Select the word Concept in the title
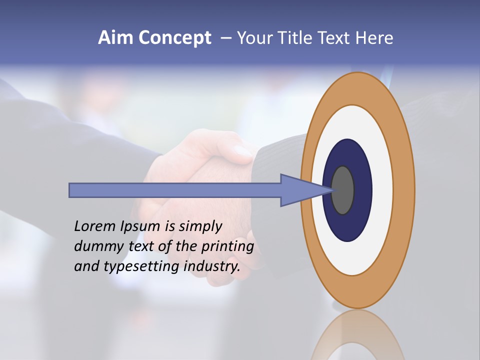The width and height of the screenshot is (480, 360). point(175,38)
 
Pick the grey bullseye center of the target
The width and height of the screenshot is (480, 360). point(343,190)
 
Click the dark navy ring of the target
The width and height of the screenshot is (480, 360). point(362,190)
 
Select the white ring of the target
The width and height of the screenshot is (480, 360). point(382,190)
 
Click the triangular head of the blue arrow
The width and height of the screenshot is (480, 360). point(300,190)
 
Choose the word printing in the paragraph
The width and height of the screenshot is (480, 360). point(227,247)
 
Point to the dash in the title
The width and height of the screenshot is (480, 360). point(226,38)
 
